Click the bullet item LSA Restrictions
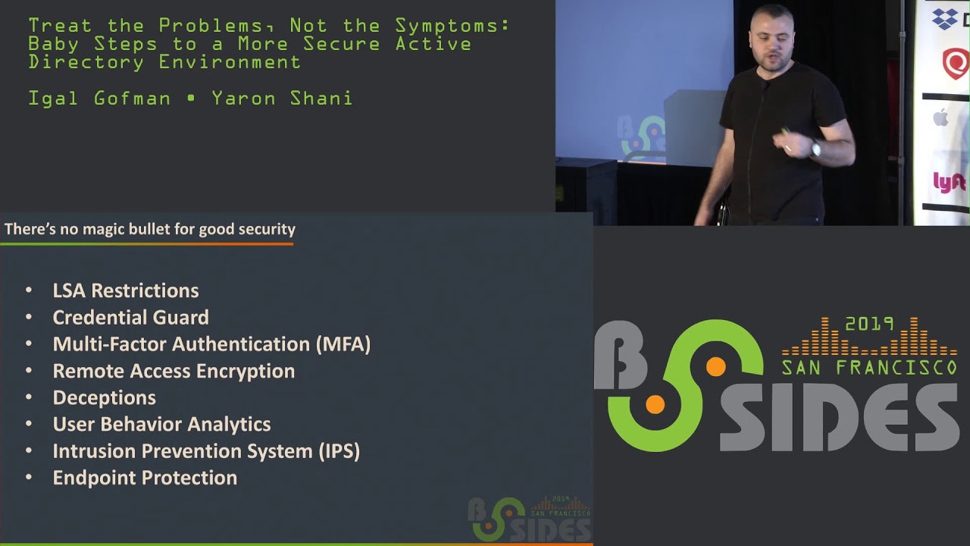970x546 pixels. click(126, 290)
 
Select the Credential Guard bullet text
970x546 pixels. click(130, 317)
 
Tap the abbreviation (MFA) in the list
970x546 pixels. click(343, 344)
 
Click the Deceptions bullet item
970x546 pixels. click(104, 397)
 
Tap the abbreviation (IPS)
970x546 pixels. click(339, 451)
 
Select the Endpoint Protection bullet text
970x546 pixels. click(145, 478)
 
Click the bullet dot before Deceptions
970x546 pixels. click(29, 397)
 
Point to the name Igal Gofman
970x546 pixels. click(99, 99)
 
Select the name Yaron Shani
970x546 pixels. click(282, 99)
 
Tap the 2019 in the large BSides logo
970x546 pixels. click(869, 325)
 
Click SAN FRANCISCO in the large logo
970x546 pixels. click(869, 369)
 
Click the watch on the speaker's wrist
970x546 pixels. click(816, 149)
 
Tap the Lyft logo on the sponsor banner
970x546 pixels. click(949, 183)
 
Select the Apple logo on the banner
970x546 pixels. click(941, 118)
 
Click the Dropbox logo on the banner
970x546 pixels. click(946, 18)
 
